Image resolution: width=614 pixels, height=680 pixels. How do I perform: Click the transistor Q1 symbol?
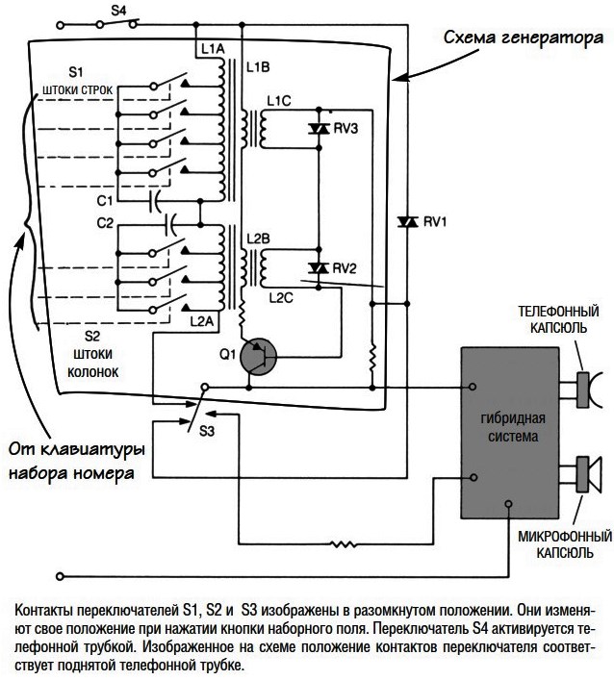258,357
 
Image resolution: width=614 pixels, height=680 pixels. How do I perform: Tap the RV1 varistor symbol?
407,222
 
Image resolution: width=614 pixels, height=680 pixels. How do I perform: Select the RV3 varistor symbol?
319,128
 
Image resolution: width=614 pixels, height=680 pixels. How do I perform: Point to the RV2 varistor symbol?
319,268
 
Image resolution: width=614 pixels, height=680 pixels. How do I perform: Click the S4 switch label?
118,11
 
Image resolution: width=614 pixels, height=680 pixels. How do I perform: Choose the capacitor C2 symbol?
170,225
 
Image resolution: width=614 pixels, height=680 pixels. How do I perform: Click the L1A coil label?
213,49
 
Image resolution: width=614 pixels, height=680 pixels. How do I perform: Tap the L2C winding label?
281,298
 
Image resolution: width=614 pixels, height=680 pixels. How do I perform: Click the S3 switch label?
207,432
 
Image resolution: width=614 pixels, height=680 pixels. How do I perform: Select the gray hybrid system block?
509,433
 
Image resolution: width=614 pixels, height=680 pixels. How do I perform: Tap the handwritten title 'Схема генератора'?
524,38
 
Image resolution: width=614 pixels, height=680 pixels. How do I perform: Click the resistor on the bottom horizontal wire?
345,543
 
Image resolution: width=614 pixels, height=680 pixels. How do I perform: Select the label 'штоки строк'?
77,89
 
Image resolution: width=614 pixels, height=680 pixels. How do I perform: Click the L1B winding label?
258,67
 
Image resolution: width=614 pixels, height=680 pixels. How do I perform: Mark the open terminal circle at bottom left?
61,576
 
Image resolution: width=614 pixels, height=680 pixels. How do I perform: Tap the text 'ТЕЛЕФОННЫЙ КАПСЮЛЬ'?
559,319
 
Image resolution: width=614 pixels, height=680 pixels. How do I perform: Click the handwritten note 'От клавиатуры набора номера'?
77,461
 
